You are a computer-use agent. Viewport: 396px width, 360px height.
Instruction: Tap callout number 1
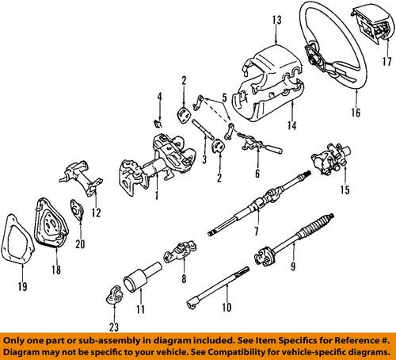[160, 195]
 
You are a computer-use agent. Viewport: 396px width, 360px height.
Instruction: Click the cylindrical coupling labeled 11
[138, 281]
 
